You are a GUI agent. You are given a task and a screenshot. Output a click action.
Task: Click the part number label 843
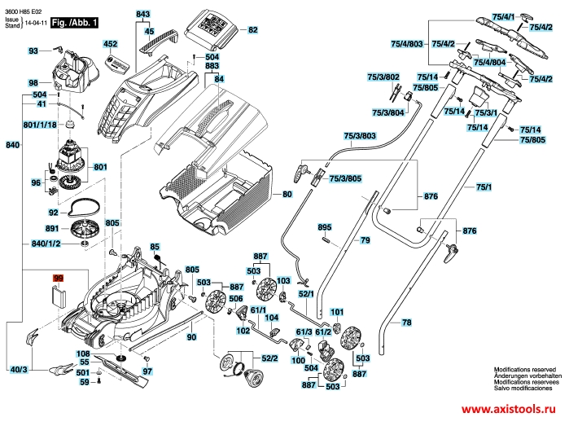[x=143, y=15]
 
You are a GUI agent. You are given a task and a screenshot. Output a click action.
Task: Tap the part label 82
[x=252, y=30]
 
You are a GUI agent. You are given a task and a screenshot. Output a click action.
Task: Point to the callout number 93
[x=33, y=51]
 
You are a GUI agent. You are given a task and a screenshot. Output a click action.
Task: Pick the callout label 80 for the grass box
[x=287, y=195]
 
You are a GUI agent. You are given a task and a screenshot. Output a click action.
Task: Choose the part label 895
[x=324, y=226]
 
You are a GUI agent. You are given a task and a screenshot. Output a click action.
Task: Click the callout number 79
[x=365, y=240]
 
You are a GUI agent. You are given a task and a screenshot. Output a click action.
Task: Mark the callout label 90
[x=192, y=336]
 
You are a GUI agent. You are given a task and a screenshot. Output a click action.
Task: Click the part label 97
[x=147, y=371]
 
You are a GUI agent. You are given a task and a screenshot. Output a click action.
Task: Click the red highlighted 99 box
[x=58, y=279]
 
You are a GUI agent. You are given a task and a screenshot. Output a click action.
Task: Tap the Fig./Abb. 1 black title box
[x=75, y=25]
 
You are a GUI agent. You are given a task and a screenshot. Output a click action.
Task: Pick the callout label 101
[x=337, y=312]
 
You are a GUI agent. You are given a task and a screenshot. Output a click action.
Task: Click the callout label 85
[x=155, y=247]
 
